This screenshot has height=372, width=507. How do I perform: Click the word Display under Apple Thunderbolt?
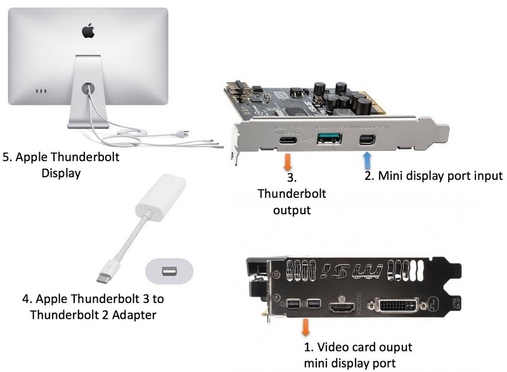(61, 172)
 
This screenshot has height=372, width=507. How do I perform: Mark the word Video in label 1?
(332, 347)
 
